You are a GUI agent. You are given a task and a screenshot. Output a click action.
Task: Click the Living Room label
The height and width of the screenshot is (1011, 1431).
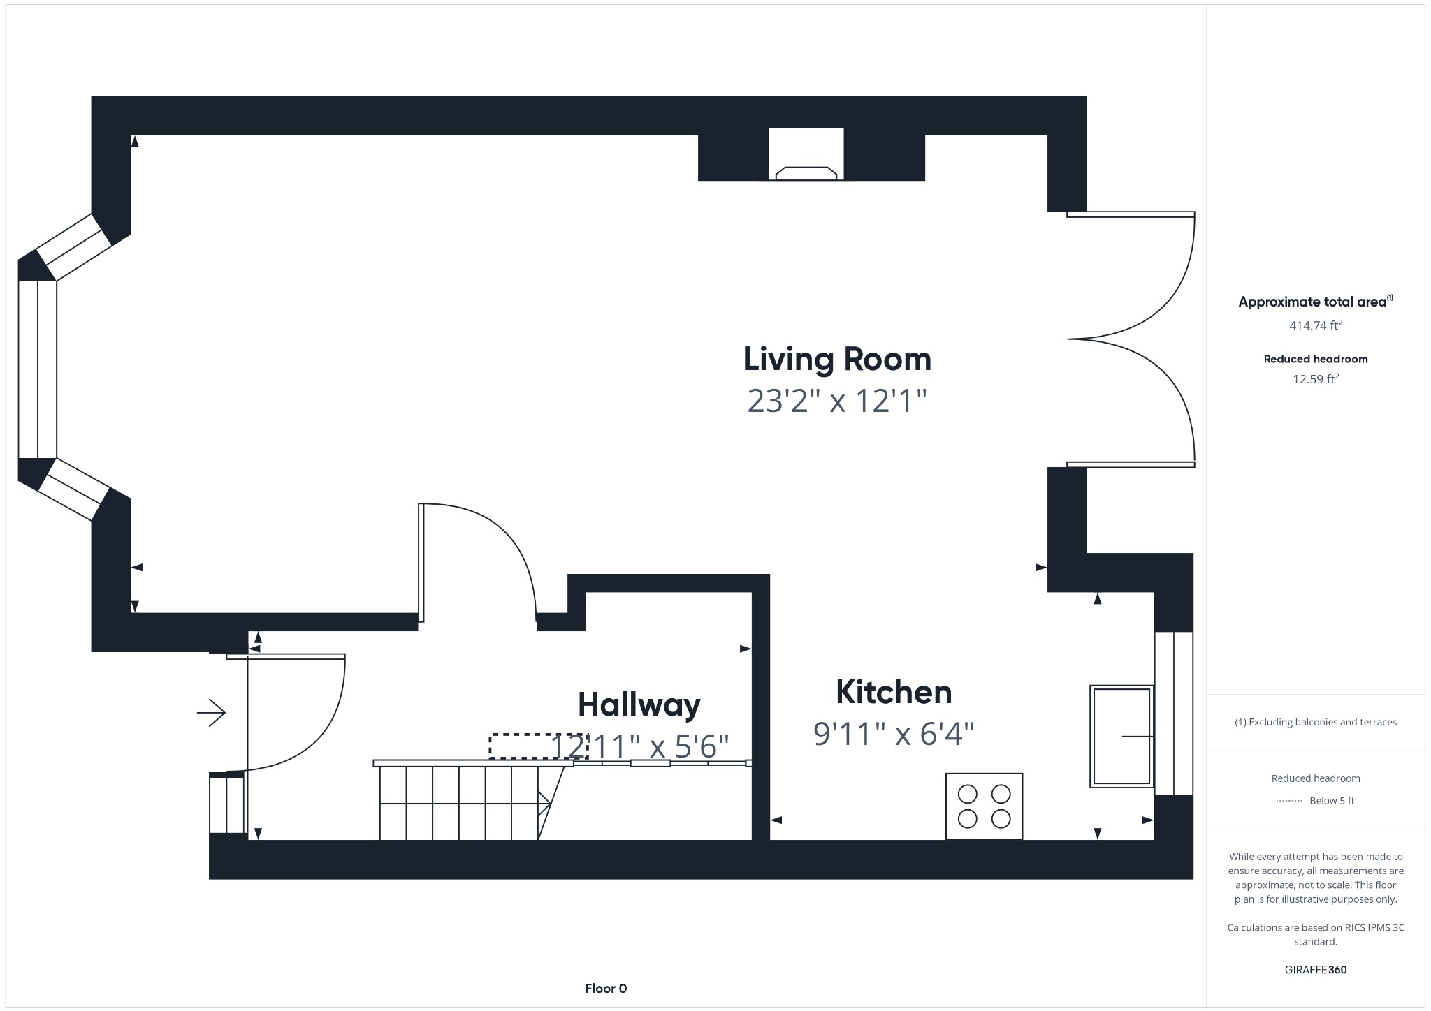pyautogui.click(x=836, y=360)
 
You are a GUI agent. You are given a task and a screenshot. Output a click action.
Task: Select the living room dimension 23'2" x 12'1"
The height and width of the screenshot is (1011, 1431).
pyautogui.click(x=836, y=401)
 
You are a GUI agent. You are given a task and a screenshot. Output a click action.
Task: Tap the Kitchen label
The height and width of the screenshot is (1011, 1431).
pyautogui.click(x=893, y=692)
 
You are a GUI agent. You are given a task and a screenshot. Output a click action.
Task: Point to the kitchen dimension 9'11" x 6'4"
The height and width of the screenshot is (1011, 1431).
pyautogui.click(x=893, y=734)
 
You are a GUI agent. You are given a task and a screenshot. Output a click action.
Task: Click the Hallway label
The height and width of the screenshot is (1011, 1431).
pyautogui.click(x=639, y=704)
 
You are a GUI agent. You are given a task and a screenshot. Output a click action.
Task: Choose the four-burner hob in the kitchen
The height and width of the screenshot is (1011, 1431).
pyautogui.click(x=984, y=806)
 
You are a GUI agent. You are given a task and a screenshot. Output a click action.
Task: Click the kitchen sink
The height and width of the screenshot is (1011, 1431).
pyautogui.click(x=1121, y=736)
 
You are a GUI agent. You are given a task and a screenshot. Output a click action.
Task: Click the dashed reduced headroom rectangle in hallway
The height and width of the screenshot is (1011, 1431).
pyautogui.click(x=538, y=746)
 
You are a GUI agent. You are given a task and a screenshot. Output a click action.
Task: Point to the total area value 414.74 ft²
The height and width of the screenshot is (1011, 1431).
pyautogui.click(x=1315, y=325)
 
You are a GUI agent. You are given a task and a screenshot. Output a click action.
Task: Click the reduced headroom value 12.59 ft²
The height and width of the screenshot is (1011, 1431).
pyautogui.click(x=1315, y=379)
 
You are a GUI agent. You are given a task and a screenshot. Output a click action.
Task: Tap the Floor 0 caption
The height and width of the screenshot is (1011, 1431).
pyautogui.click(x=606, y=989)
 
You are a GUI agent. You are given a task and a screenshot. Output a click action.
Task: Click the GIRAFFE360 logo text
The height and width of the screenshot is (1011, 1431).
pyautogui.click(x=1315, y=970)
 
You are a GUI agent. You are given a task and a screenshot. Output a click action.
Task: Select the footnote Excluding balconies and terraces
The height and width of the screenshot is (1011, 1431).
pyautogui.click(x=1315, y=723)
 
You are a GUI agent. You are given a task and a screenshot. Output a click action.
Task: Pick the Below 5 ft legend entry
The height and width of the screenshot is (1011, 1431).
pyautogui.click(x=1330, y=801)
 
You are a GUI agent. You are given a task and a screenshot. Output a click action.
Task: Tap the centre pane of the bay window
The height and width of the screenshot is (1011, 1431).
pyautogui.click(x=37, y=369)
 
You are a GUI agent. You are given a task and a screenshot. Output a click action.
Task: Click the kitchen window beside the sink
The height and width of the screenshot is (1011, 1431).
pyautogui.click(x=1173, y=713)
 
